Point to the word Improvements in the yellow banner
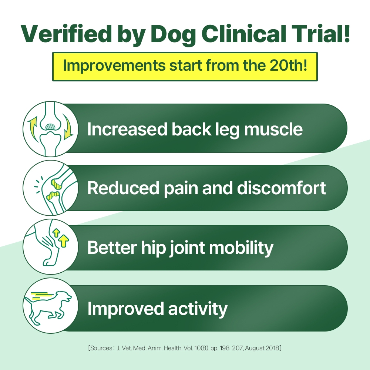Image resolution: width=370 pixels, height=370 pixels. [x=114, y=65]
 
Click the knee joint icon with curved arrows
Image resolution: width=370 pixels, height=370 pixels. [x=50, y=129]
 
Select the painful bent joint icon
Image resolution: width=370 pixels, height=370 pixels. [x=50, y=188]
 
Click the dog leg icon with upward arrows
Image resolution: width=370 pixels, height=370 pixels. [x=50, y=246]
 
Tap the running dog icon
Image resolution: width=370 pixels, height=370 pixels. [x=50, y=306]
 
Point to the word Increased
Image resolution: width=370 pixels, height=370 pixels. [x=127, y=129]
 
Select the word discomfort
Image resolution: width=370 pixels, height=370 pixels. [x=282, y=188]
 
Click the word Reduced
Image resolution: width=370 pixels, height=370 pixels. [x=123, y=188]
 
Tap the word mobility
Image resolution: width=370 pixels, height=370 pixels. [x=241, y=248]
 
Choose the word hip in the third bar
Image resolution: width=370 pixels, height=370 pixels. [x=153, y=248]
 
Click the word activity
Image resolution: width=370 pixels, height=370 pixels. [x=198, y=309]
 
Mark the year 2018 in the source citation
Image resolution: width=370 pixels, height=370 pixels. [x=273, y=348]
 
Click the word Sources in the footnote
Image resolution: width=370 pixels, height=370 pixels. [x=101, y=348]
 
